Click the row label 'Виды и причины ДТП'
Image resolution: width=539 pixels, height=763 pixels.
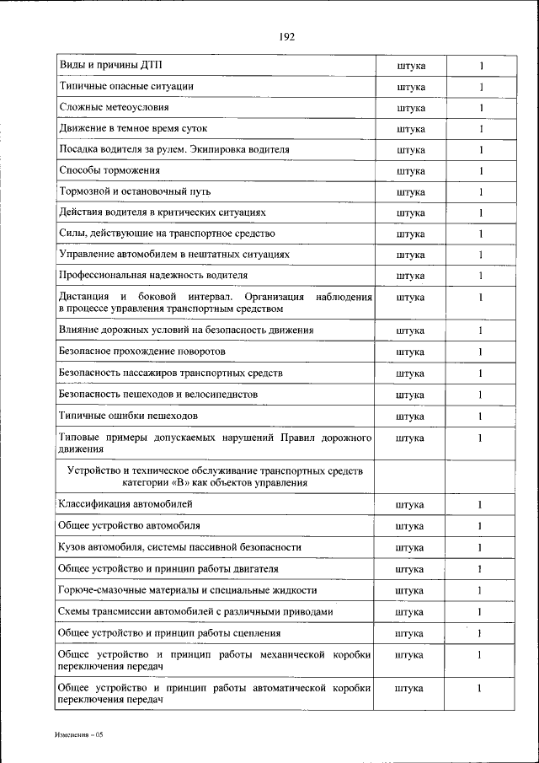(110, 65)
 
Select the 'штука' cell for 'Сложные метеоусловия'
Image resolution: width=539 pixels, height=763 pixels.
(410, 108)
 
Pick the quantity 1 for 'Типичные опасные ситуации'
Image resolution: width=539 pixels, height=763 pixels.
(481, 87)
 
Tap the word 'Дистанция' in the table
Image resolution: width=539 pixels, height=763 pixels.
(84, 297)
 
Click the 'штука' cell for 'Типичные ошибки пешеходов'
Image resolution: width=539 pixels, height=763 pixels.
(410, 416)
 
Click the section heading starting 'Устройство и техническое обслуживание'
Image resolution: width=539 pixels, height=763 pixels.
(214, 476)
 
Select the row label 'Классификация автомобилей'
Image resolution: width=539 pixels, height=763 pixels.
(125, 504)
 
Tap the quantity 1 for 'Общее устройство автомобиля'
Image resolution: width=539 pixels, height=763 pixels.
(481, 526)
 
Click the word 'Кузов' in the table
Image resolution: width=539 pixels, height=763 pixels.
(72, 547)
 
